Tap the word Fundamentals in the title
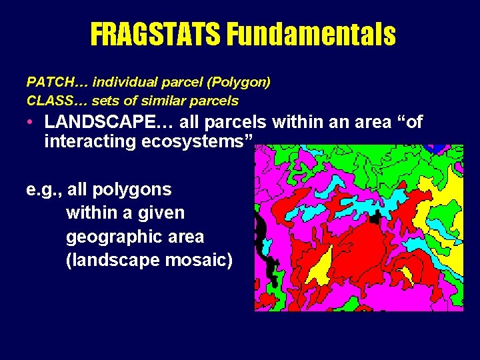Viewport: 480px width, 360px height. coord(311,33)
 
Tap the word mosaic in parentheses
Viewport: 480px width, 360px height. coord(198,260)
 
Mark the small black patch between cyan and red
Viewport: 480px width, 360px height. coord(375,217)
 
